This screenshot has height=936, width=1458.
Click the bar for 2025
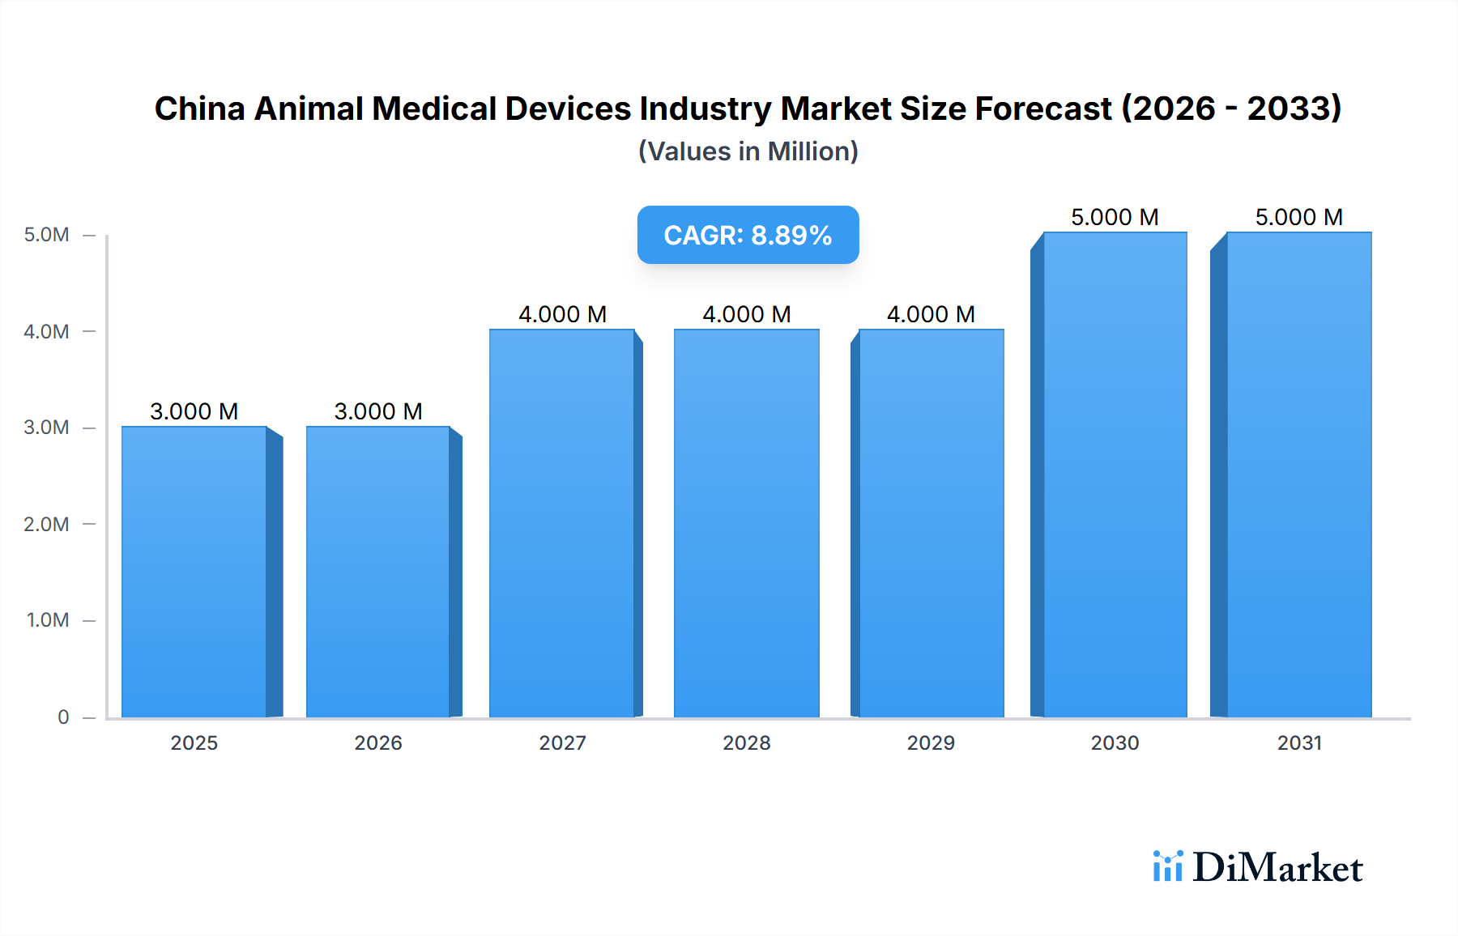pos(194,572)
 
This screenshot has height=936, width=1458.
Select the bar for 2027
pos(562,523)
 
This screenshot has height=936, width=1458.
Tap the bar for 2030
pos(1115,474)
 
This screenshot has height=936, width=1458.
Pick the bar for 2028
pos(746,523)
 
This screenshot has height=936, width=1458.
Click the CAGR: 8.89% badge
pos(748,235)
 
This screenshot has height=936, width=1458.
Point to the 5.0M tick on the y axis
pos(47,235)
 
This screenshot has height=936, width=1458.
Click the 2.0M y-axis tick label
pos(47,524)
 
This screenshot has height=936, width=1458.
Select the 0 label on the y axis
pos(63,717)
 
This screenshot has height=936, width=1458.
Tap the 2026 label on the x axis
pos(378,742)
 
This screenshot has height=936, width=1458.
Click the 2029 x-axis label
pos(931,742)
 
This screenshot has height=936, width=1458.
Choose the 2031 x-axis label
pos(1299,742)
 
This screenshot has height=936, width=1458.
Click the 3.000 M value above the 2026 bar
pos(378,411)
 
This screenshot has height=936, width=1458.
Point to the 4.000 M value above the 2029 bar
pos(931,314)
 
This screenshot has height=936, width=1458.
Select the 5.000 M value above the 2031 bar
pos(1299,217)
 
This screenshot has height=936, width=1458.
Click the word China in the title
pos(200,108)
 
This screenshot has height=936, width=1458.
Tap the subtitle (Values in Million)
pos(748,151)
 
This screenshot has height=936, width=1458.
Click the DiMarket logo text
pos(1277,868)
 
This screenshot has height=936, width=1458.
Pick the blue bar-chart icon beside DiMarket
pos(1167,866)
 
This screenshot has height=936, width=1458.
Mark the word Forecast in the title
pos(1043,108)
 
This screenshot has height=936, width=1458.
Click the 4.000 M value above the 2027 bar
pos(562,314)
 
